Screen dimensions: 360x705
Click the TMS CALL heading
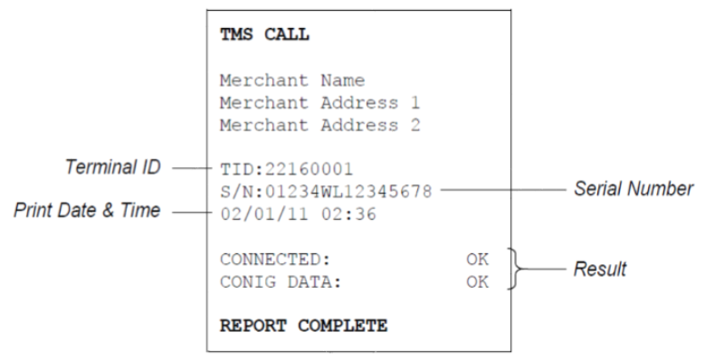[x=264, y=35]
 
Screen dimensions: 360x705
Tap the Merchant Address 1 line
[x=319, y=102]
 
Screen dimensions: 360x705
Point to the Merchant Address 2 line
[x=319, y=125]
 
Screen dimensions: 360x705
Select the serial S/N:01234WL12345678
[x=325, y=191]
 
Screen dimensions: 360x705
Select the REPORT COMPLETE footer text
[x=303, y=325]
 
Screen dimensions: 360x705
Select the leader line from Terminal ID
[x=191, y=168]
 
